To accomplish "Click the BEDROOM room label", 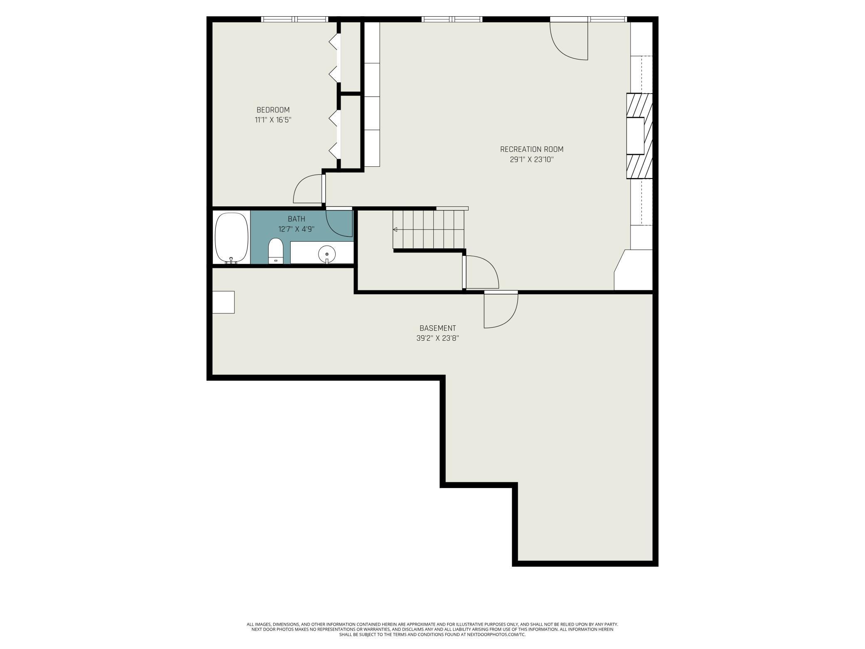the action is coord(273,110).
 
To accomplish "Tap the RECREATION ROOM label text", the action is coord(531,149).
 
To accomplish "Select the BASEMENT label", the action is coord(437,328).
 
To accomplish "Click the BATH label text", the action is coord(296,219).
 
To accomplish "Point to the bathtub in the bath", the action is coord(231,238).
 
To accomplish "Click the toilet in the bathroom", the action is coord(275,251).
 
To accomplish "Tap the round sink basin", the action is coord(327,253).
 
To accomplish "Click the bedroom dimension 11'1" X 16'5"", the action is coord(273,120).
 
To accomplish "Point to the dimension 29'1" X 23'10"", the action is coord(531,159).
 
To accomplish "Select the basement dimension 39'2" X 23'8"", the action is coord(437,338).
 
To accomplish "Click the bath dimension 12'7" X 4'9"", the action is coord(296,229).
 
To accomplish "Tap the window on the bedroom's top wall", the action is coord(294,19).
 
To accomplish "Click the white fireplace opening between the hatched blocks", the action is coord(635,136).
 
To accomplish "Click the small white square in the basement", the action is coord(223,302).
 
